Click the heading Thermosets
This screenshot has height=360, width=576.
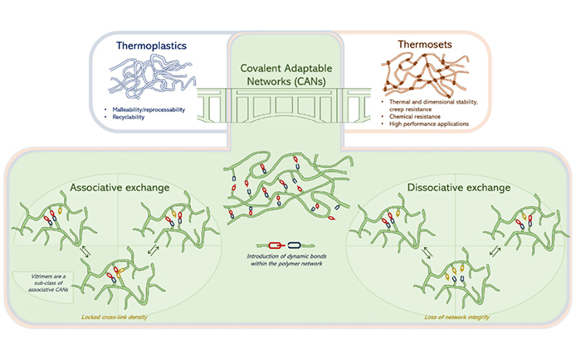point(419,45)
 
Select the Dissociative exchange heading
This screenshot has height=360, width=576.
point(457,188)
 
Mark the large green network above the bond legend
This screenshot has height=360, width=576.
point(287,191)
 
